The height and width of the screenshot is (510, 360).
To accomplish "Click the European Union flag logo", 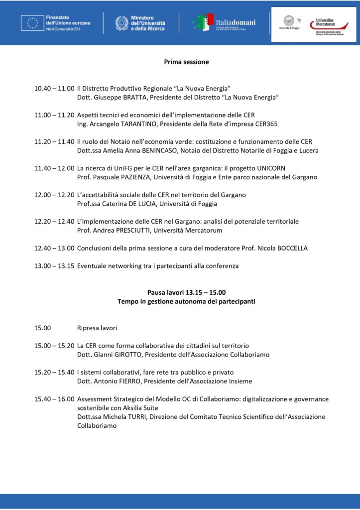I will pos(32,23).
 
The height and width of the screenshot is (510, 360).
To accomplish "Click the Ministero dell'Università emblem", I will pos(121,23).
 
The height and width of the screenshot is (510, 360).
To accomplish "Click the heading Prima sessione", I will pos(187,62).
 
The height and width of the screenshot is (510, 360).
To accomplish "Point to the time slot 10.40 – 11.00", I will pos(54,88).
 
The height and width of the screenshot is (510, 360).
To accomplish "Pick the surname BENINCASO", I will pos(156,151).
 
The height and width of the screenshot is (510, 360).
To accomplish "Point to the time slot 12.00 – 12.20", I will pos(54,195).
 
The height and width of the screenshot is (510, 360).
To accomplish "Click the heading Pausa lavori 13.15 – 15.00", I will pos(186,292).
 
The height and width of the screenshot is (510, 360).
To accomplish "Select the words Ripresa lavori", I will pos(97,328).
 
